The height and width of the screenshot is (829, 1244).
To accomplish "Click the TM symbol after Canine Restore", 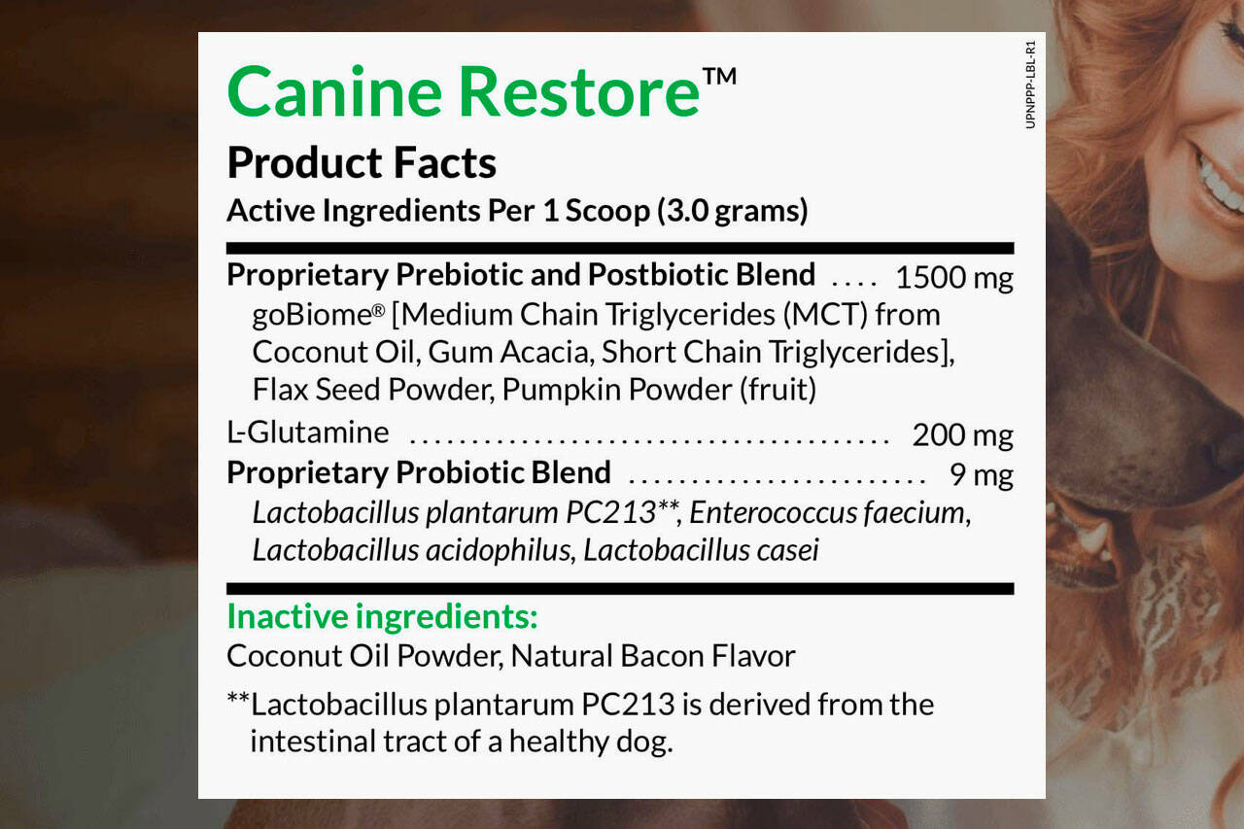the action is [719, 77].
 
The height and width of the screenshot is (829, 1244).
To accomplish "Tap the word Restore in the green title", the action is [579, 91].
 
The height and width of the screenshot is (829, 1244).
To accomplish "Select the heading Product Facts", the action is [362, 162].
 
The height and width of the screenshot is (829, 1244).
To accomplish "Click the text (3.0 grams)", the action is [733, 211].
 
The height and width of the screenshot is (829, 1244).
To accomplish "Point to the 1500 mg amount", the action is [954, 277].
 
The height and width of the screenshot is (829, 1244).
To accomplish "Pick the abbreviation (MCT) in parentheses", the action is [825, 315].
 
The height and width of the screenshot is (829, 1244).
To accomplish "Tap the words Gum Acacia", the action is [507, 352].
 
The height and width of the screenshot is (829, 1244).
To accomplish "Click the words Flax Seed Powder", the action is [370, 390].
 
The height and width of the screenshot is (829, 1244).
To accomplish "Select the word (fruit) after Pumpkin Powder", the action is [778, 390].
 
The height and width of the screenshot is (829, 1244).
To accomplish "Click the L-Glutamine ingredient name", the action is [308, 432].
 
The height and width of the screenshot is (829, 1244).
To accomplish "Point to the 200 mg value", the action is [962, 435].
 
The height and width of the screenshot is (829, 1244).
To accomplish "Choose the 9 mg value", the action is [982, 475].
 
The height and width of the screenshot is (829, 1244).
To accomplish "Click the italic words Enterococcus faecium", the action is [830, 512].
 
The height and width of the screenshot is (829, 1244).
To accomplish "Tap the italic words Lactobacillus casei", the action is [701, 550].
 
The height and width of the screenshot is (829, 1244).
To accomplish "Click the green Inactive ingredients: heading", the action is [382, 616].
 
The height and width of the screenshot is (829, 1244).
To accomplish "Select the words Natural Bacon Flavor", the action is [652, 656].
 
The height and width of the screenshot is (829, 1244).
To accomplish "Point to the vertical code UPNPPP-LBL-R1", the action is [1031, 85].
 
